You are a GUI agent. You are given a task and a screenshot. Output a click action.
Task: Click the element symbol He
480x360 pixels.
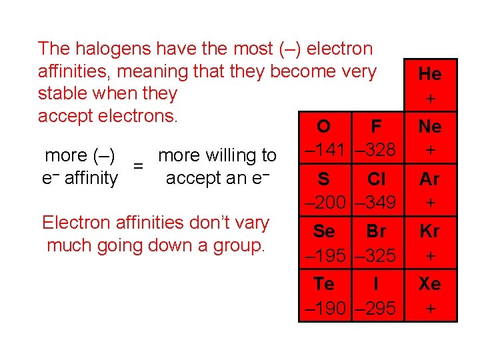[x=430, y=73]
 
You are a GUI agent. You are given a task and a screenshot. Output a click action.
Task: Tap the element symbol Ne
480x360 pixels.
[x=430, y=126]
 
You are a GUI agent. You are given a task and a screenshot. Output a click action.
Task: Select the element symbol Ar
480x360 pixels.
[x=430, y=179]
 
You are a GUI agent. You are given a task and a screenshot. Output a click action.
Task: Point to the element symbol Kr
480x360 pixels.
[x=430, y=231]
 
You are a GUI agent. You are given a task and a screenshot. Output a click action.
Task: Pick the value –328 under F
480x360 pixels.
[x=375, y=149]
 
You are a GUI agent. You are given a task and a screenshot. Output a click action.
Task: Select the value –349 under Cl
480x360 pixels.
[x=375, y=201]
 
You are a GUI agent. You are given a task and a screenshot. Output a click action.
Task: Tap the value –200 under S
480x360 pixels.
[x=325, y=201]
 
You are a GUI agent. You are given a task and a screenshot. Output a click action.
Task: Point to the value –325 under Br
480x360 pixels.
[x=375, y=255]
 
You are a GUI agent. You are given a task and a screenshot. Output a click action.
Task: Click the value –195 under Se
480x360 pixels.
[x=325, y=255]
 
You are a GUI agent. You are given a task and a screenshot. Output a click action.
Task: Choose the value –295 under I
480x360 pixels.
[x=375, y=308]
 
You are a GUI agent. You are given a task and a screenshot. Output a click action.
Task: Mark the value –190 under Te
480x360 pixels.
[x=325, y=308]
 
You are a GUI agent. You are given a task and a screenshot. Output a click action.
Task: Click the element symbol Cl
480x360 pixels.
[x=377, y=179]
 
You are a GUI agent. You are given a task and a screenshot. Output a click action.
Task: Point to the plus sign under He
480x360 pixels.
[x=430, y=99]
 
